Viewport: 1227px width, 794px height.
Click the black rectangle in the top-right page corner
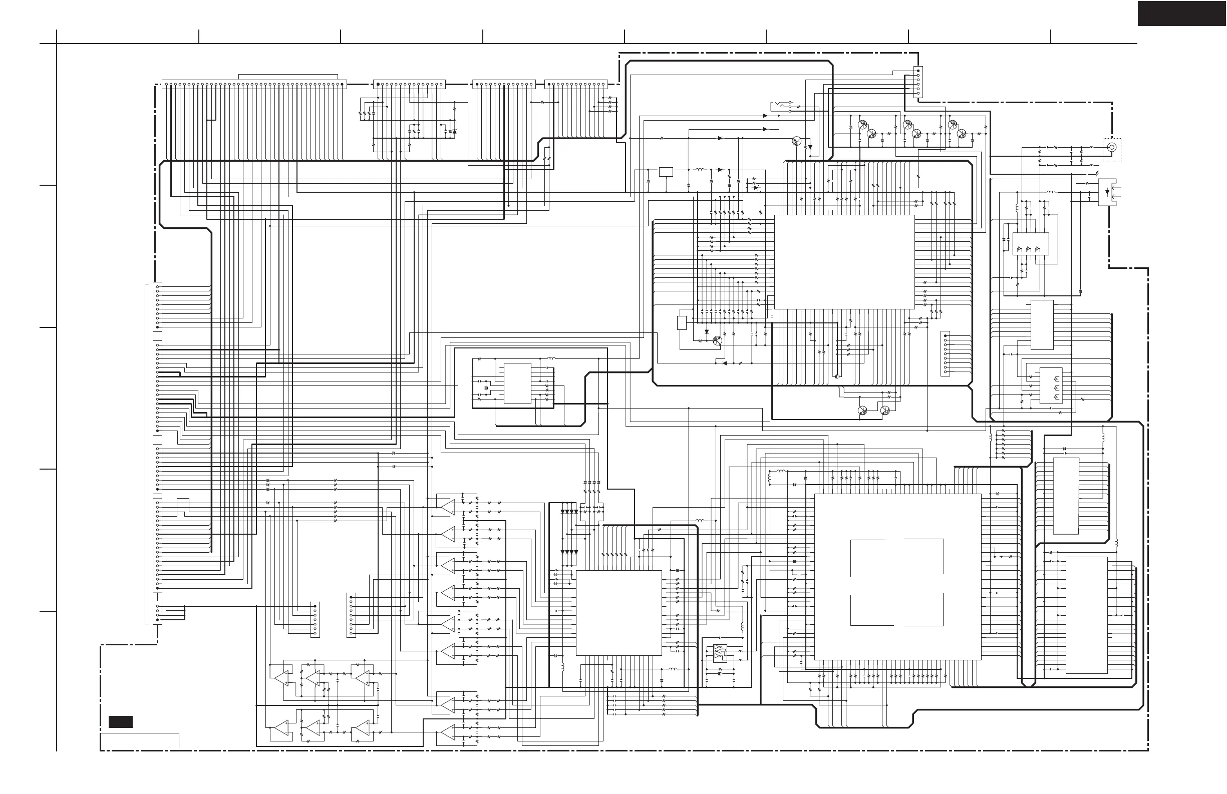1181,14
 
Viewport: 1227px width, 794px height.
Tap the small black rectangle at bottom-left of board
120,722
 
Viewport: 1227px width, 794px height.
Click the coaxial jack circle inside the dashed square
1111,147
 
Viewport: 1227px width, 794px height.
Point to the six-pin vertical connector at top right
918,82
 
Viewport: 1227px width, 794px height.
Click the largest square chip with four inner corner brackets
897,577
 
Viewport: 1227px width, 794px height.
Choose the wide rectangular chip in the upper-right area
844,262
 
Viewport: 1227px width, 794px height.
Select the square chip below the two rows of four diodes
619,613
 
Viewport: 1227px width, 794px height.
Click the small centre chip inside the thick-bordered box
517,383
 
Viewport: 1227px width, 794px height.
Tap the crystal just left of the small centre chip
486,388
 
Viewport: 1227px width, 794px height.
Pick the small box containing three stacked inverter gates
1051,385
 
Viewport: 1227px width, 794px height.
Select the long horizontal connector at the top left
254,84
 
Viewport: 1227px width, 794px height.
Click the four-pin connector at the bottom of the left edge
158,613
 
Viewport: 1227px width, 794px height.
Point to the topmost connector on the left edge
158,306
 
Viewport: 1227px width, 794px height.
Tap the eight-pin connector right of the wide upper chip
945,353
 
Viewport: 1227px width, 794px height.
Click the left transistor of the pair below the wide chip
862,410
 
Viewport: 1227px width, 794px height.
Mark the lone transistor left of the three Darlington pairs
797,141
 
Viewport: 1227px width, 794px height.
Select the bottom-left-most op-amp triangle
281,728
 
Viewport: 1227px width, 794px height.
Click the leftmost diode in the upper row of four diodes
563,512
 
